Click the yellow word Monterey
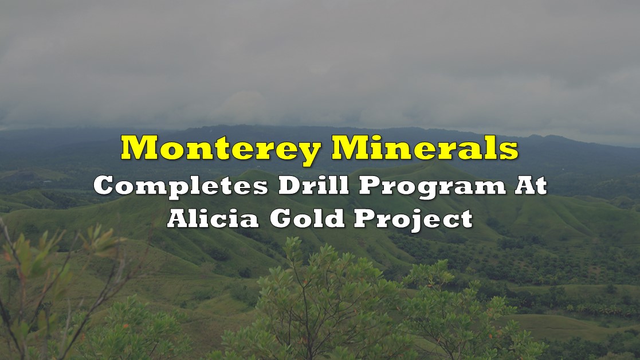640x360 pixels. point(221,149)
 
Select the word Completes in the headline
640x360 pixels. point(180,187)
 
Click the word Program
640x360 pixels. point(433,187)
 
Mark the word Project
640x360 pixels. point(413,220)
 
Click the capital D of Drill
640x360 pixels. point(289,186)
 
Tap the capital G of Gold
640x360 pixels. point(281,218)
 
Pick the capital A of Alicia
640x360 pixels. point(179,218)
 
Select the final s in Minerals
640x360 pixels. point(510,151)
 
